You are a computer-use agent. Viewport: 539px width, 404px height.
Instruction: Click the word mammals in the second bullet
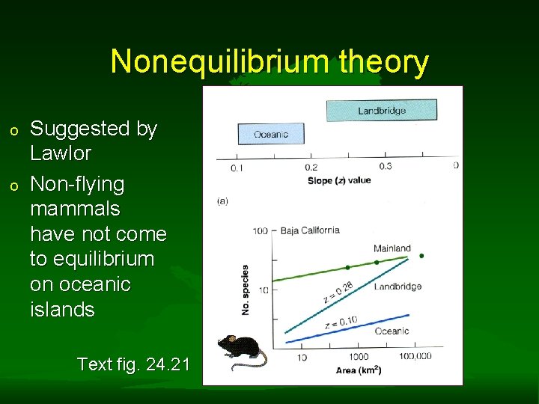(75, 209)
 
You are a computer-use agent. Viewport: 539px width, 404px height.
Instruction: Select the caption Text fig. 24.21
(133, 364)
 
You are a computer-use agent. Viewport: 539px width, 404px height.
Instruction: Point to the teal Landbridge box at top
(381, 111)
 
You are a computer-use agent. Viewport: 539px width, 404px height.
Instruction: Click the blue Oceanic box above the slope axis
(271, 135)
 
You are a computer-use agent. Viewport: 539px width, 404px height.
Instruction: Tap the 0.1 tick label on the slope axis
(237, 168)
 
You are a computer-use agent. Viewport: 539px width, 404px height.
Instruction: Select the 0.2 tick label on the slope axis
(311, 168)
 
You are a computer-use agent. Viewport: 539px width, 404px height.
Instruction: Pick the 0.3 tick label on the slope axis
(386, 166)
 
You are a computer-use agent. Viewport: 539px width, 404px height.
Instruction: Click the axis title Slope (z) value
(339, 180)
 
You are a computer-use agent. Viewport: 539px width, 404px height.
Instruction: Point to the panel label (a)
(222, 201)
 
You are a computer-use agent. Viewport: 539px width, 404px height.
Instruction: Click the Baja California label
(310, 230)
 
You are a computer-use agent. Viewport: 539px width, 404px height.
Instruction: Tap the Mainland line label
(392, 248)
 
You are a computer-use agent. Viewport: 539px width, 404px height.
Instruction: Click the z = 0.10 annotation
(341, 322)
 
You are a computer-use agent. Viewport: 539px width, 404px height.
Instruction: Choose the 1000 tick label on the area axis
(359, 357)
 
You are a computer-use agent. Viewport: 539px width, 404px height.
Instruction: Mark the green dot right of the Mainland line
(421, 256)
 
